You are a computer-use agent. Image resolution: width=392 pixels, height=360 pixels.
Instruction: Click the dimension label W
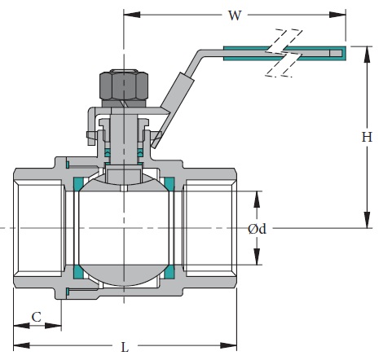tap(235, 14)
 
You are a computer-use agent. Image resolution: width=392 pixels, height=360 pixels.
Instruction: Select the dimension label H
tap(367, 138)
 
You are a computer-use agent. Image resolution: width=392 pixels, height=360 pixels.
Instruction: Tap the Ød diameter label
tap(257, 230)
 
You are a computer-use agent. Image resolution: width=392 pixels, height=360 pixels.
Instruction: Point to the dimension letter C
tap(36, 315)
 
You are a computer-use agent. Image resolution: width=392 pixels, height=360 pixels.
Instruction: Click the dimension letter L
tap(124, 348)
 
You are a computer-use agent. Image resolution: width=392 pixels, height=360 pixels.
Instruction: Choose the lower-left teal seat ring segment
tap(79, 272)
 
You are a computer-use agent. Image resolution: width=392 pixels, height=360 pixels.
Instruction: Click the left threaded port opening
tap(37, 228)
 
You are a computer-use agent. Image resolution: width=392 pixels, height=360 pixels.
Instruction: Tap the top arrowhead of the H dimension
tap(367, 50)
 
